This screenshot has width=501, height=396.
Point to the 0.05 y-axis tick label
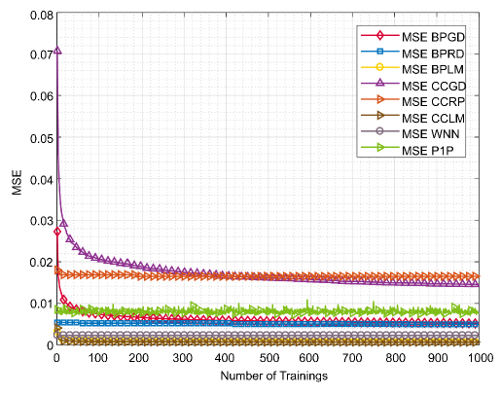37,139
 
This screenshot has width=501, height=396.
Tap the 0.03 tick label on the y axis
37,222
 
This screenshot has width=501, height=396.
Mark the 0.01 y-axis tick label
37,304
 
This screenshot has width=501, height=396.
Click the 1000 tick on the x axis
477,358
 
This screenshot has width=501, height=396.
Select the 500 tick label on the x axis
268,358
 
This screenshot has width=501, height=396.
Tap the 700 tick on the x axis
351,358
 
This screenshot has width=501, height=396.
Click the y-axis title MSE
13,180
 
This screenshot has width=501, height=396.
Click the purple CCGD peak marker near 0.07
58,51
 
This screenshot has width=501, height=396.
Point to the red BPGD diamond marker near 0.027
58,232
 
